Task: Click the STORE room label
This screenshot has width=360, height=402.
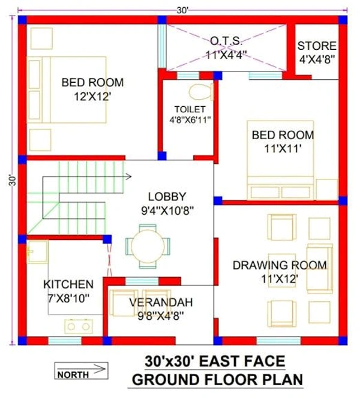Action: pos(317,46)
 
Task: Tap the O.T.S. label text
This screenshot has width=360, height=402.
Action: pos(226,41)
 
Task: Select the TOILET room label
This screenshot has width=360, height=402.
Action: pos(190,109)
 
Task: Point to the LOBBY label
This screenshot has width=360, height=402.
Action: pos(167,197)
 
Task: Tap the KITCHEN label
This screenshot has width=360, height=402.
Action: pos(68,284)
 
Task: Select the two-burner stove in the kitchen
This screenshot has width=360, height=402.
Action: pos(79,326)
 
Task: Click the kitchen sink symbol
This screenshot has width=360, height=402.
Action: pos(37,252)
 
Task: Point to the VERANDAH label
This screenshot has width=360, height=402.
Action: pos(161,302)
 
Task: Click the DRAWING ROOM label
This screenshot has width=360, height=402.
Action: pos(280,265)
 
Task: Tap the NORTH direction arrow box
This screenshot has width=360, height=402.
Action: pos(81,371)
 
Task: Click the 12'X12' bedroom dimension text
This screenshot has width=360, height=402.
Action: pos(92,97)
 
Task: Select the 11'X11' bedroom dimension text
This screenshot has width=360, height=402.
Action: pos(283,149)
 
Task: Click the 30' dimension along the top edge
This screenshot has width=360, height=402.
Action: pos(182,11)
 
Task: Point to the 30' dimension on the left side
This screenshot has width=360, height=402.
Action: pos(13,181)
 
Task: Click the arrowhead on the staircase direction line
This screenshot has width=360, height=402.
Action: pos(128,176)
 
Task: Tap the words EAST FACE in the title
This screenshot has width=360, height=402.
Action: pos(242,361)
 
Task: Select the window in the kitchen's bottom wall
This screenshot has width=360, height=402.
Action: pos(65,341)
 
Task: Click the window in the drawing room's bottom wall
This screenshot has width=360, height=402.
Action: pos(278,341)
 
